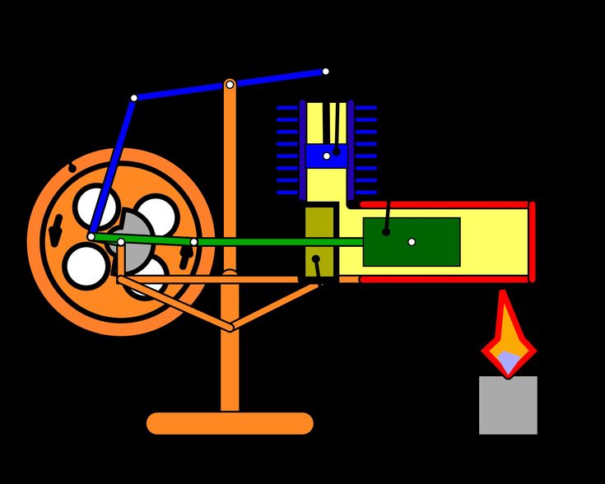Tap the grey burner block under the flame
508,405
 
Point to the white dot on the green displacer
412,242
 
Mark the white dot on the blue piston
327,156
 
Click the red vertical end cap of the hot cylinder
532,241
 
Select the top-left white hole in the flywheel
95,206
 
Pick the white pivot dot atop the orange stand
230,84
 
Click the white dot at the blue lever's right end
325,72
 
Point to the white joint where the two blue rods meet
133,98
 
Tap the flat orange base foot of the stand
230,423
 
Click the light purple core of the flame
509,361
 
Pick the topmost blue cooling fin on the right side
365,108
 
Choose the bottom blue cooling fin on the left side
287,193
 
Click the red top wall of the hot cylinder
444,204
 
